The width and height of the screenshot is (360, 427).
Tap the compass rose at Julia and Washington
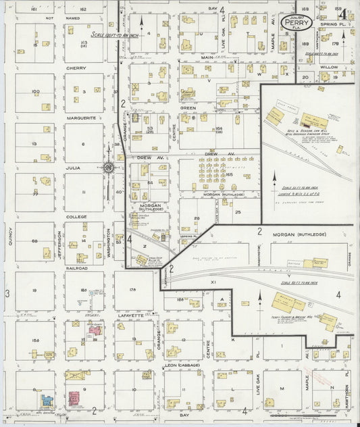tap(108, 167)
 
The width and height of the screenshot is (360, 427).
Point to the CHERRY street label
tap(76, 68)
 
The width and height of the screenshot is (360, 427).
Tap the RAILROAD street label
tap(76, 268)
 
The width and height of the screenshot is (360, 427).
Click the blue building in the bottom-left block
tap(45, 400)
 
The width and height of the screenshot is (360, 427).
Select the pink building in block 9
tap(74, 399)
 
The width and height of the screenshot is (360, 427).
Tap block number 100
tap(35, 91)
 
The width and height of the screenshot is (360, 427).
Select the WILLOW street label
tap(329, 68)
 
